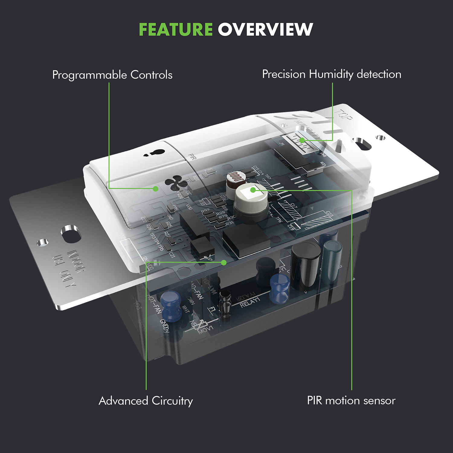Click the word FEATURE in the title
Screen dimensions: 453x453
tap(176, 30)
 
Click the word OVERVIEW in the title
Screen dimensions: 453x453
tap(265, 30)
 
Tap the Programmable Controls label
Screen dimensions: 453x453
tap(112, 75)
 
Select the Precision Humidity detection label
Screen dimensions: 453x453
tap(332, 74)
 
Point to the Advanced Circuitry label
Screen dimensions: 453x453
tap(146, 401)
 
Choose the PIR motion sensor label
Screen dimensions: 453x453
tap(351, 401)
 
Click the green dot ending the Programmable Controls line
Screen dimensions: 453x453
tap(156, 189)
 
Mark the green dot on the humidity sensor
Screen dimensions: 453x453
tap(302, 140)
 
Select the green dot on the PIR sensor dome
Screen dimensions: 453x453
tap(253, 190)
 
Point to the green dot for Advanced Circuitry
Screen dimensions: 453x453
tap(224, 263)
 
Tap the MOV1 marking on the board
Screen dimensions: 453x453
tap(205, 329)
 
